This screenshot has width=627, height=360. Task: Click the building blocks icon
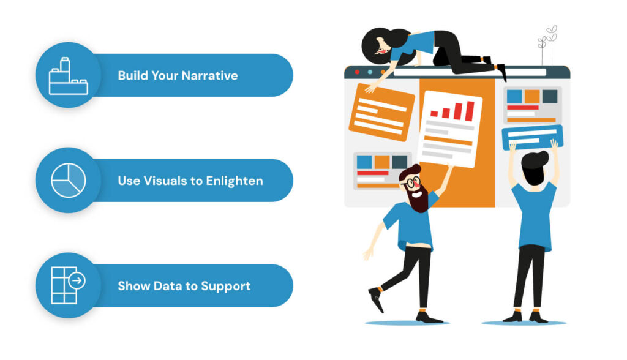tap(68, 76)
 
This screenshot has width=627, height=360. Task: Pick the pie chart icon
tap(68, 181)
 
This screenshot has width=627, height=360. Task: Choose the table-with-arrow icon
tap(68, 285)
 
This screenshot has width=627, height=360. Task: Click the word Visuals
tap(168, 181)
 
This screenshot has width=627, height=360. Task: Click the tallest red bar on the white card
tap(470, 111)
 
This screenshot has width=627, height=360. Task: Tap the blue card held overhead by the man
tap(531, 137)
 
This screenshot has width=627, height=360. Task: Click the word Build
tap(132, 76)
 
